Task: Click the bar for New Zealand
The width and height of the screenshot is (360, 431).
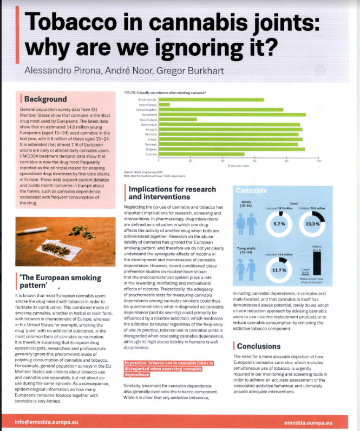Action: (x=178, y=120)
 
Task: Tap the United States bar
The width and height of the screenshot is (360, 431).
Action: (x=164, y=104)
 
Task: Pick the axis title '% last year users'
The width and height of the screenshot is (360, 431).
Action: (x=238, y=165)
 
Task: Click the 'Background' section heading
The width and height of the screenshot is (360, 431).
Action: (x=45, y=99)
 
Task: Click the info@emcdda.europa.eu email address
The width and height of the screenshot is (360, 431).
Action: (x=40, y=421)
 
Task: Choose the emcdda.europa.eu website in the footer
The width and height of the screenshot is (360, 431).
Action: (x=308, y=421)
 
